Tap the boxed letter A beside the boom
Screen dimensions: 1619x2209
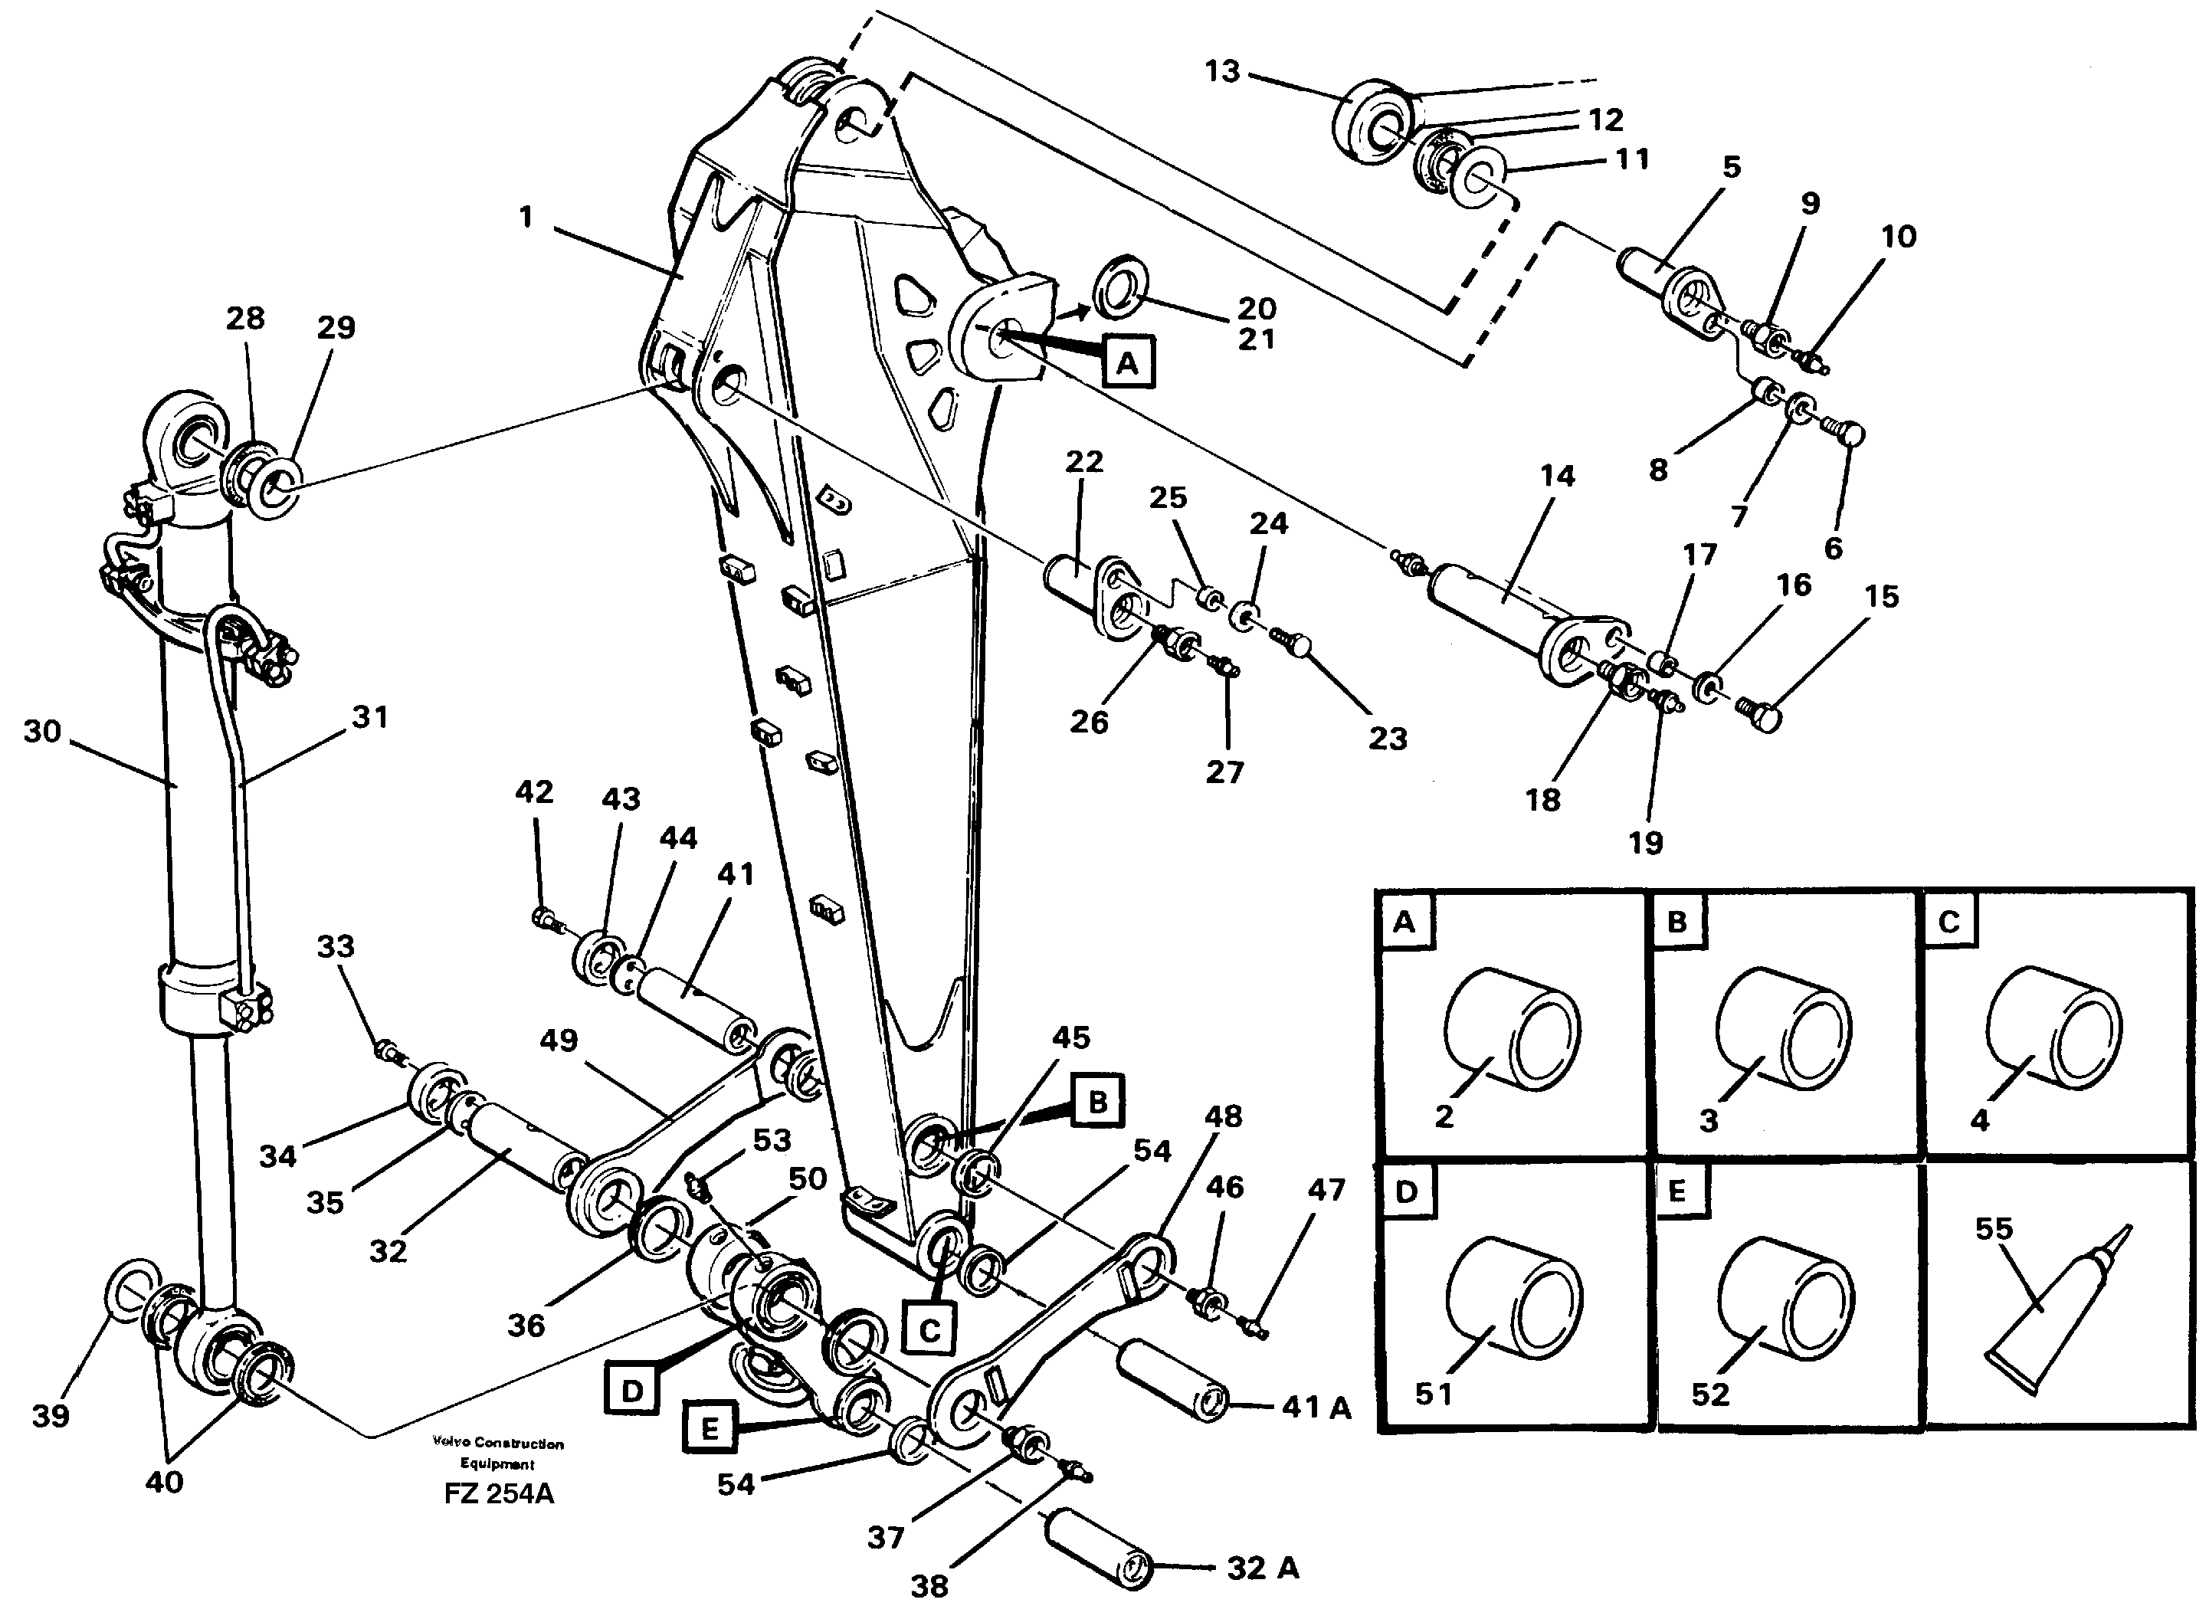(1127, 364)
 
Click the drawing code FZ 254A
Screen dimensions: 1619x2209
(498, 1493)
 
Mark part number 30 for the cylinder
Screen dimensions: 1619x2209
(42, 732)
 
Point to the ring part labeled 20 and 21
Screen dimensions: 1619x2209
(1120, 288)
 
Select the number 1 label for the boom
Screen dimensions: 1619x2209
(526, 217)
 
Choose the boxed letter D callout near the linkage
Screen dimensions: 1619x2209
(632, 1390)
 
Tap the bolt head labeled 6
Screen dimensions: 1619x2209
(1850, 433)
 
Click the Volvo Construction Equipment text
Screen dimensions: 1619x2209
(498, 1453)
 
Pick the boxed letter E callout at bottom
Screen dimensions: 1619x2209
(710, 1429)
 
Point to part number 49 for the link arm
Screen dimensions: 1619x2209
(559, 1040)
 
